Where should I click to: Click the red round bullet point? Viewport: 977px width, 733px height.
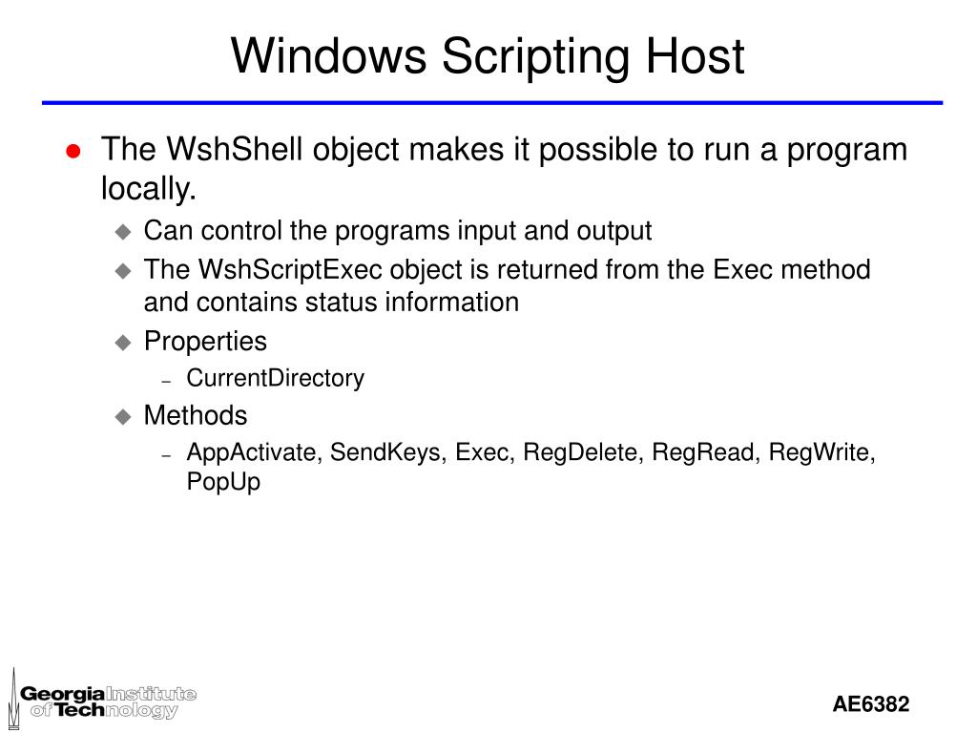[x=73, y=152]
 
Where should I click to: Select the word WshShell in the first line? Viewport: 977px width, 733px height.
[x=222, y=150]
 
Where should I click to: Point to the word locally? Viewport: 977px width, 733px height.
[x=148, y=190]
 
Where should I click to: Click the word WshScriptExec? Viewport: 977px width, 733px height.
[x=276, y=270]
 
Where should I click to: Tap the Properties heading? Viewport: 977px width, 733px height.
[x=205, y=341]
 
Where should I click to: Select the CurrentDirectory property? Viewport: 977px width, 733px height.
[x=275, y=379]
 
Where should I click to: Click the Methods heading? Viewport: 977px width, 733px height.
[x=195, y=416]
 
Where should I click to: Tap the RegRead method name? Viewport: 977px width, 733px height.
[x=704, y=452]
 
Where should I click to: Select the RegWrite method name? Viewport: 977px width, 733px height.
[x=821, y=452]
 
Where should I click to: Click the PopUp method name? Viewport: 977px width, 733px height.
[x=223, y=482]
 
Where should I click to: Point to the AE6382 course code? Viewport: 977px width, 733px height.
[x=870, y=705]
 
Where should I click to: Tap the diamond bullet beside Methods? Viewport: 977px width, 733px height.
[x=122, y=417]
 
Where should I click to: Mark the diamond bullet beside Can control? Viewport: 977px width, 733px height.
[x=122, y=232]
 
